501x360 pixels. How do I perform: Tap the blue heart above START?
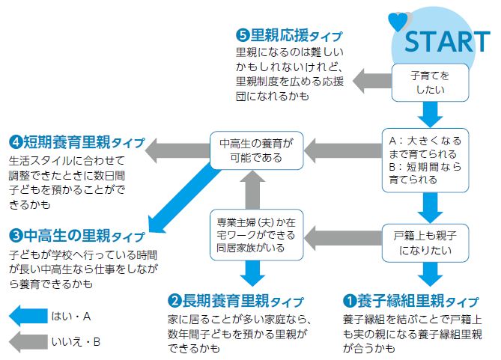(x=399, y=22)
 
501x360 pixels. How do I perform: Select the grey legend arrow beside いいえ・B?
(x=25, y=342)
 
